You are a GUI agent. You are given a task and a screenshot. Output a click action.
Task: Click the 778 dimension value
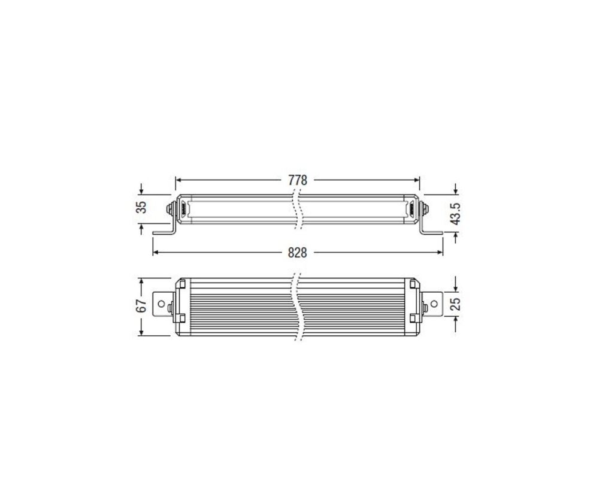pos(298,180)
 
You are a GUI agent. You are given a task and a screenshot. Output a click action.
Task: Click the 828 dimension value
pos(298,253)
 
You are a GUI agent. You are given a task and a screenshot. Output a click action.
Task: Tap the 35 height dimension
pos(141,207)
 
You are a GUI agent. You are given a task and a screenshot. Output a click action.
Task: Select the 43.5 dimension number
pos(455,214)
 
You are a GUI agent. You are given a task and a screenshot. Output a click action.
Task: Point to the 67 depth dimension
pos(141,307)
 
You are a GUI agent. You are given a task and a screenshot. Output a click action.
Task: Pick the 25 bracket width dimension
pos(455,304)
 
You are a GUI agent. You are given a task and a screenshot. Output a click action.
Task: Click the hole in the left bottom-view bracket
pos(161,304)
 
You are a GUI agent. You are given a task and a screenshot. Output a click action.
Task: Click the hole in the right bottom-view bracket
pos(434,304)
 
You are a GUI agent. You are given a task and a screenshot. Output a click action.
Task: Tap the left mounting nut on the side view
pos(170,210)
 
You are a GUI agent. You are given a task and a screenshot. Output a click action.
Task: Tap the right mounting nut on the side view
pos(425,210)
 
